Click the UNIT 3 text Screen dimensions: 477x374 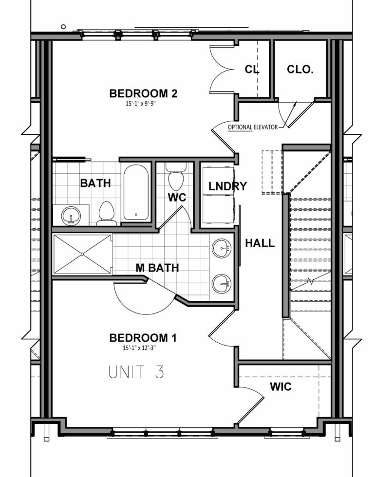pyautogui.click(x=136, y=372)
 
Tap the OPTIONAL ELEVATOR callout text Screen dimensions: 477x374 pyautogui.click(x=252, y=128)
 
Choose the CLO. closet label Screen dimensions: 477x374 pyautogui.click(x=299, y=70)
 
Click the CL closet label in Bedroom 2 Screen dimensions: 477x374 pyautogui.click(x=252, y=70)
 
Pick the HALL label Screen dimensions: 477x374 pyautogui.click(x=260, y=243)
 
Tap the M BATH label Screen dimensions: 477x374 pyautogui.click(x=157, y=267)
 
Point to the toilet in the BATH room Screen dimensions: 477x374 pyautogui.click(x=106, y=213)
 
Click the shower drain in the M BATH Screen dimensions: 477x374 pyautogui.click(x=82, y=254)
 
